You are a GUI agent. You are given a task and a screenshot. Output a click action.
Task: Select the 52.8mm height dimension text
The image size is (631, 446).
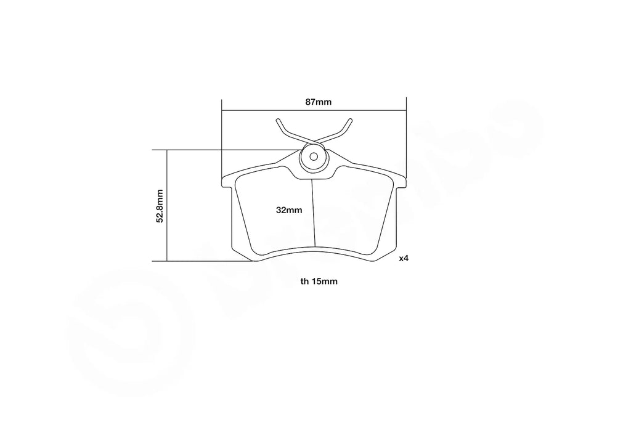pyautogui.click(x=160, y=206)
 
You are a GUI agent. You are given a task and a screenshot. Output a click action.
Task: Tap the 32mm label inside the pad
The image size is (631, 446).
pyautogui.click(x=289, y=210)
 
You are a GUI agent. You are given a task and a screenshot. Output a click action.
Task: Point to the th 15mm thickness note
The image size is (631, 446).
pyautogui.click(x=319, y=282)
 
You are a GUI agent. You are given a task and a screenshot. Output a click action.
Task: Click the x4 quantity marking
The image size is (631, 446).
pyautogui.click(x=404, y=259)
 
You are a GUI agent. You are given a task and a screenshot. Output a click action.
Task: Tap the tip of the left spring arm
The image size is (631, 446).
pyautogui.click(x=278, y=120)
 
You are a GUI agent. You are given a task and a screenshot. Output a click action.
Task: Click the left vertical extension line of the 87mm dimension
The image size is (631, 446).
pyautogui.click(x=221, y=136)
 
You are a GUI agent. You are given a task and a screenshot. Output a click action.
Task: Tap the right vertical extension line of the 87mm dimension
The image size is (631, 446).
pyautogui.click(x=405, y=136)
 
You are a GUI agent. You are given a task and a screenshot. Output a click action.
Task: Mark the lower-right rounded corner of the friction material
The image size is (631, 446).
pyautogui.click(x=371, y=251)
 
